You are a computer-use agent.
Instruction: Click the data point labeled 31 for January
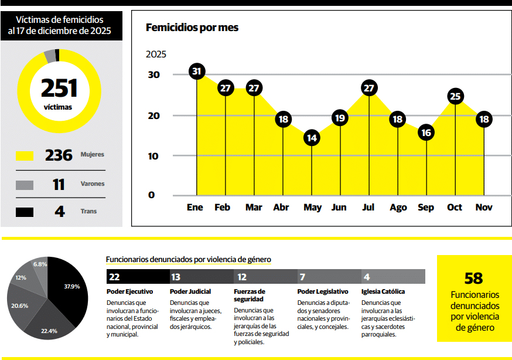pyautogui.click(x=197, y=72)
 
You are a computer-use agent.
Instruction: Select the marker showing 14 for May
pyautogui.click(x=312, y=138)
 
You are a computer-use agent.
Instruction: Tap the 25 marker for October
pyautogui.click(x=455, y=96)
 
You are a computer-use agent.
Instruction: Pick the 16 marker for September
pyautogui.click(x=426, y=133)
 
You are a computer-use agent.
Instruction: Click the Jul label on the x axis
pyautogui.click(x=368, y=208)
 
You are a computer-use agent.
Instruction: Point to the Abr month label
pyautogui.click(x=281, y=208)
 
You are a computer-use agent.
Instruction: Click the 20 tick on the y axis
pyautogui.click(x=153, y=116)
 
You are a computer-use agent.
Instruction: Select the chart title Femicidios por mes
pyautogui.click(x=192, y=28)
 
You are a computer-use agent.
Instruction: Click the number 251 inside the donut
pyautogui.click(x=59, y=88)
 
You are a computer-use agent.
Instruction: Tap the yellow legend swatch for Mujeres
pyautogui.click(x=25, y=156)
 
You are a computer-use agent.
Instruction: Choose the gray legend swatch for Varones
pyautogui.click(x=25, y=185)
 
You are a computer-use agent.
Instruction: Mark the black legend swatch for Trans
pyautogui.click(x=25, y=212)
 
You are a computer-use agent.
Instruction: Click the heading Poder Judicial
pyautogui.click(x=190, y=291)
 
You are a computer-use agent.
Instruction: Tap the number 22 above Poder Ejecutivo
pyautogui.click(x=115, y=277)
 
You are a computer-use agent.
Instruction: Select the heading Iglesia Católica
pyautogui.click(x=383, y=291)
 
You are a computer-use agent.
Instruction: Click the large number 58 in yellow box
pyautogui.click(x=473, y=279)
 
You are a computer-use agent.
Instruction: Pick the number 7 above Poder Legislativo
pyautogui.click(x=302, y=277)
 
